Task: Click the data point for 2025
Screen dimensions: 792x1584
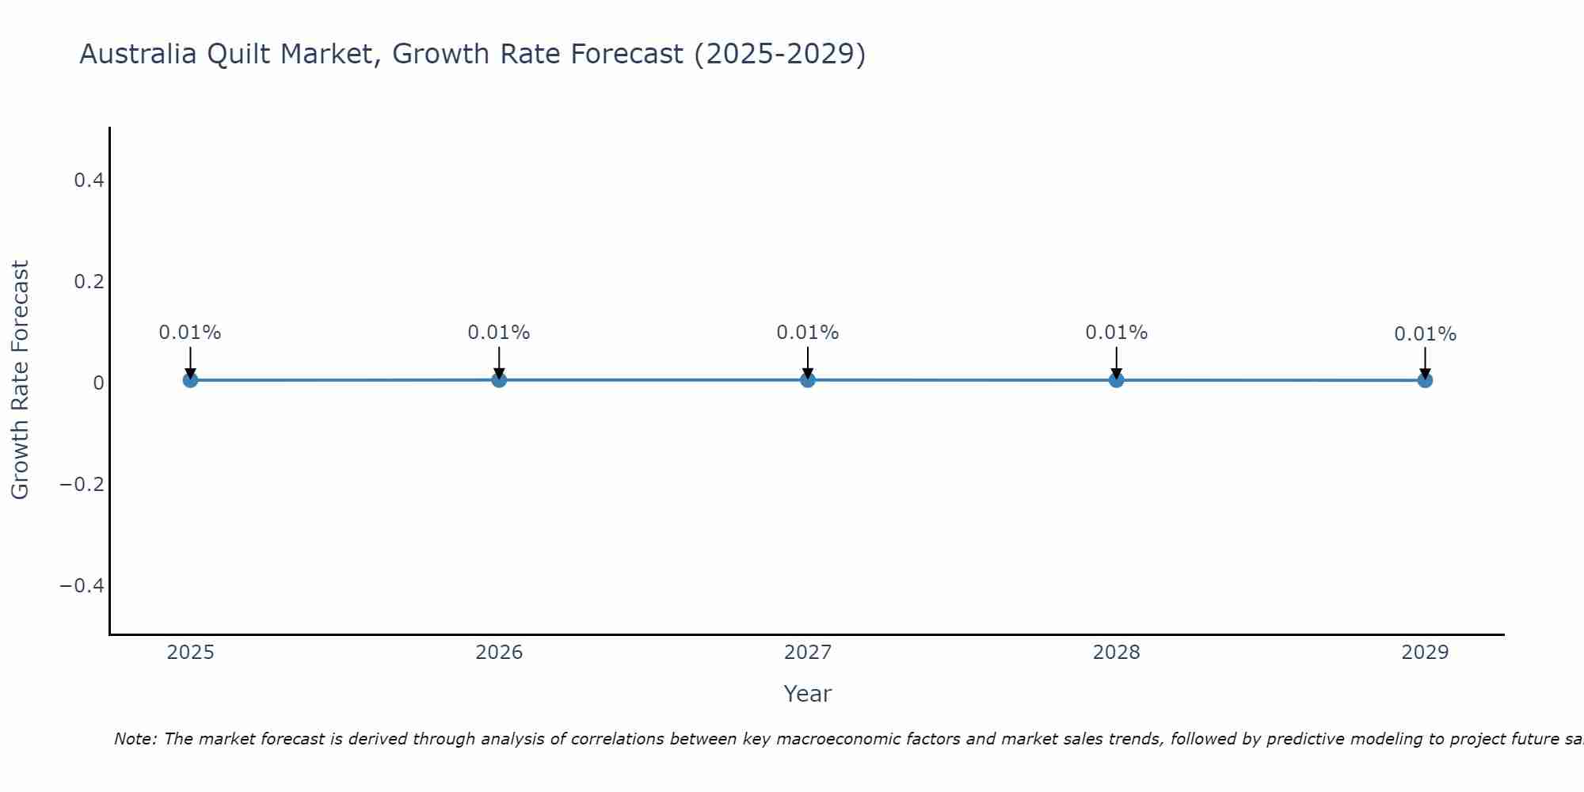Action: (x=190, y=380)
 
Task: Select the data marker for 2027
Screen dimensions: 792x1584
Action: (x=808, y=380)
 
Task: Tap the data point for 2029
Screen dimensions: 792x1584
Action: (x=1425, y=380)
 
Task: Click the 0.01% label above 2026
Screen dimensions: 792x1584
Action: (x=498, y=333)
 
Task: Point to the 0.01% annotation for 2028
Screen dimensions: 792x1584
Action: (x=1116, y=333)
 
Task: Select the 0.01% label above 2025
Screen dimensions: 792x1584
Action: (x=190, y=333)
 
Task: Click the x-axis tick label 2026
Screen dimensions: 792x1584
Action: (x=499, y=653)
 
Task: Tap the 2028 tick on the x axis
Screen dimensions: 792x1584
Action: (x=1116, y=653)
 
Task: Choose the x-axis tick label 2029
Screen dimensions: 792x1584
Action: (x=1425, y=653)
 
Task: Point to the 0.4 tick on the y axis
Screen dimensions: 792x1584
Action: (x=89, y=181)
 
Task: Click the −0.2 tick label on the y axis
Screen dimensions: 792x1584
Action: (x=82, y=484)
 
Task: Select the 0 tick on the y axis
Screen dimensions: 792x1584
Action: (x=98, y=383)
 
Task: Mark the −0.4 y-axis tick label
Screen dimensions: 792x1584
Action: (x=82, y=585)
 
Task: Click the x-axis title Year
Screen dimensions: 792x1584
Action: (x=807, y=694)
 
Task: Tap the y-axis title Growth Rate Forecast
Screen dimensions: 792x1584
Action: (x=20, y=380)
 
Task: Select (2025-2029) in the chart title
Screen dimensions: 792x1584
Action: (x=779, y=54)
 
